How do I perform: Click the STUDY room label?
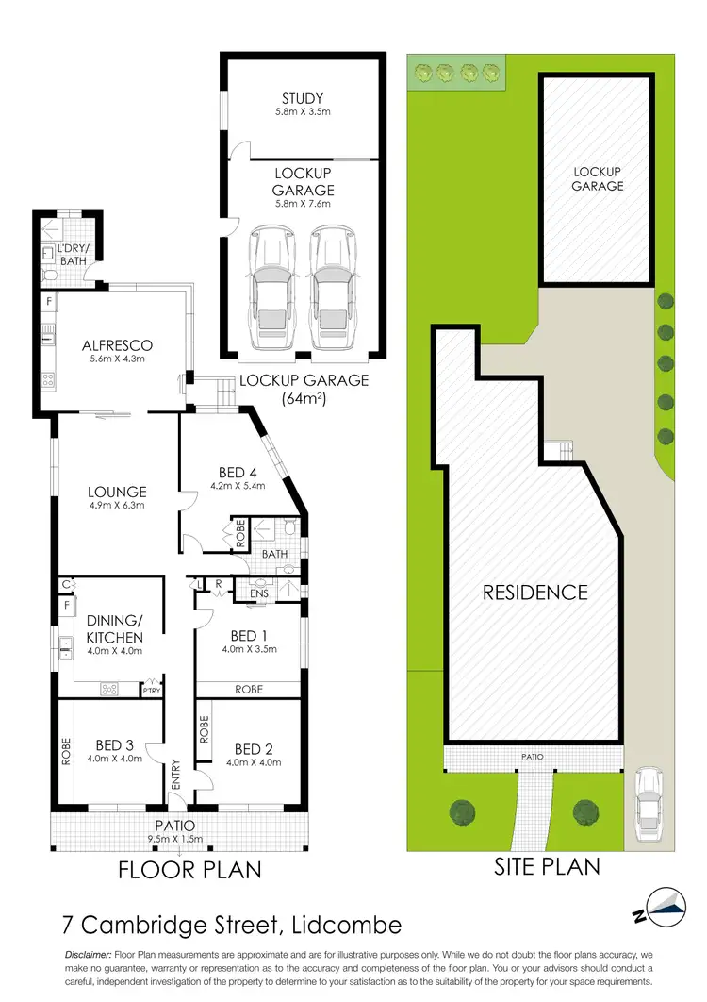pos(303,98)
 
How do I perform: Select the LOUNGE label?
pos(117,492)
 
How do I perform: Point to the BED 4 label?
pos(240,473)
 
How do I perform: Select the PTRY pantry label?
pos(151,692)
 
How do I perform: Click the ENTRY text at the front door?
pos(175,776)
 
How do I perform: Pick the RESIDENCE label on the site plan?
pos(535,593)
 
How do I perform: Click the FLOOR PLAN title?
pos(189,869)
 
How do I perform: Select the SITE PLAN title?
pos(547,865)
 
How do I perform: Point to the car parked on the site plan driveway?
pos(649,803)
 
